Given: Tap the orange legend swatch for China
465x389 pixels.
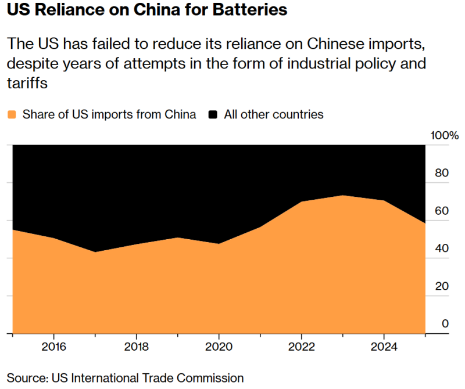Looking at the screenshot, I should coord(12,114).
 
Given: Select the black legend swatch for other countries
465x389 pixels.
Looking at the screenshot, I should coord(213,114).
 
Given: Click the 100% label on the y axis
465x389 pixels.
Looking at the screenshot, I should coord(444,136).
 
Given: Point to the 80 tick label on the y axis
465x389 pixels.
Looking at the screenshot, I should coord(442,172).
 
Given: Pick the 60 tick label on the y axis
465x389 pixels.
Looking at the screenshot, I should coord(442,210).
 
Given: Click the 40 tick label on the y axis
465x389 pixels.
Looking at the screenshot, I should coord(442,248).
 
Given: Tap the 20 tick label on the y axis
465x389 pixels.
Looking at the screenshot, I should coord(442,286).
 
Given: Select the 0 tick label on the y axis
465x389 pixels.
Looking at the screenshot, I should coord(445,323).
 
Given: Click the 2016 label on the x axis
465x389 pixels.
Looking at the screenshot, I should coord(53,347).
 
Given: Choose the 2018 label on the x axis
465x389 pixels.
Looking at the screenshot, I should coord(136,347).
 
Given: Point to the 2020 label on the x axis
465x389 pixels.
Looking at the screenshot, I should coord(219,347).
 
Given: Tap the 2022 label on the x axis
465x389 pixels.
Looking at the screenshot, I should coord(301,347).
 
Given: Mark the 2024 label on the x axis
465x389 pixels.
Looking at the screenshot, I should coord(384,347).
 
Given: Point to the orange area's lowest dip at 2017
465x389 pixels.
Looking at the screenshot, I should coord(95,252).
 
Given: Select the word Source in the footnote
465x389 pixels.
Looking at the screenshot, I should coord(25,378).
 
